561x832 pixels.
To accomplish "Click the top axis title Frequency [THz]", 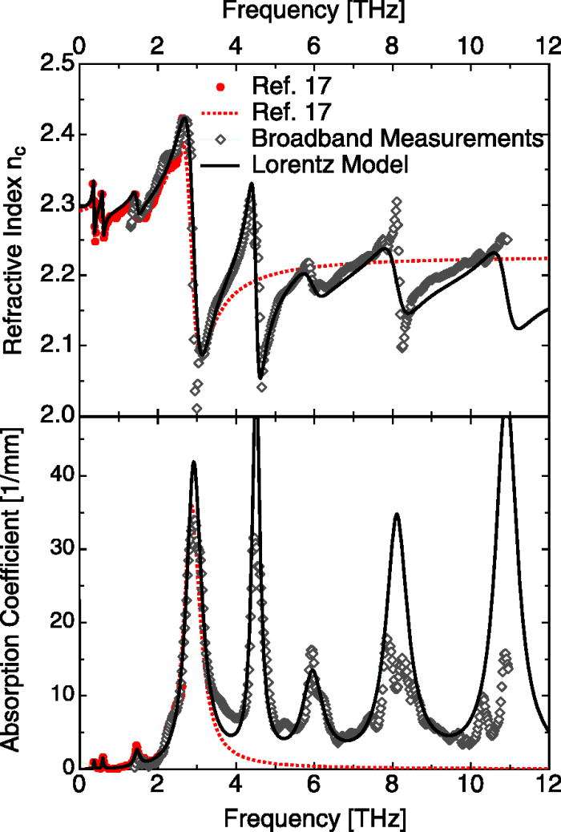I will point(313,12).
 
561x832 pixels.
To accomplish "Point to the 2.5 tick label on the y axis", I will point(52,64).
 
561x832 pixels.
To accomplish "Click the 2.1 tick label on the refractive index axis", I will point(52,345).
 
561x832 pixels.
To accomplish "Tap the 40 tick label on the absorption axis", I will point(58,475).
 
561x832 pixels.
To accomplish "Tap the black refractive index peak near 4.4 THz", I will point(251,184).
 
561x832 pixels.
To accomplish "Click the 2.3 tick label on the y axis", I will point(52,205).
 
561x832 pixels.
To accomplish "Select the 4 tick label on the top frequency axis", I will point(235,42).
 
